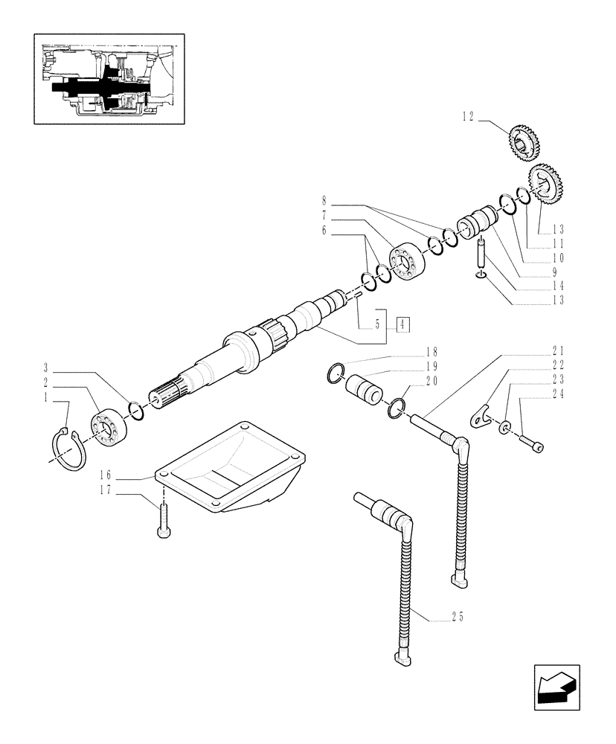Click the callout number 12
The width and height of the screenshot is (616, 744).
[467, 115]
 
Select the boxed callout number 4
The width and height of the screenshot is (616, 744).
[402, 324]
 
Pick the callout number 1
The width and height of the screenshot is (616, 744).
[46, 398]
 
